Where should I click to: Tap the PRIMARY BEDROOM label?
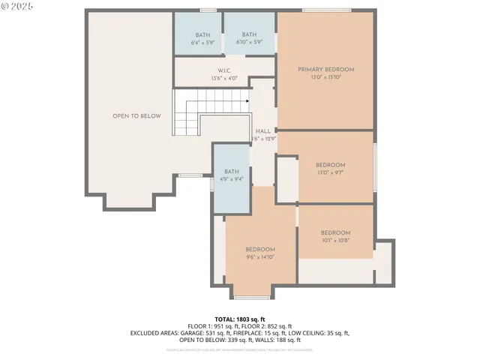point(325,69)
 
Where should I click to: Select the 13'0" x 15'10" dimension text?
point(325,76)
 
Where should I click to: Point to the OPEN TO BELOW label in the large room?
point(136,116)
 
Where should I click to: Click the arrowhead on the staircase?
point(247,100)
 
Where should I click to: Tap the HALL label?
point(262,130)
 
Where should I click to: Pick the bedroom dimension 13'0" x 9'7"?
point(330,172)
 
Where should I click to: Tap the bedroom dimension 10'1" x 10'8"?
point(335,241)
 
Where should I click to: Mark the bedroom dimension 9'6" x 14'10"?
point(260,257)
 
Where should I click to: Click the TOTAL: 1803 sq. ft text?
point(239,319)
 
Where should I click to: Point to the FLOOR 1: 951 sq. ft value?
point(211,326)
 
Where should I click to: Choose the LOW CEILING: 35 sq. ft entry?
point(322,333)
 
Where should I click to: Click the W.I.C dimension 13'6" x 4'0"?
point(223,78)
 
